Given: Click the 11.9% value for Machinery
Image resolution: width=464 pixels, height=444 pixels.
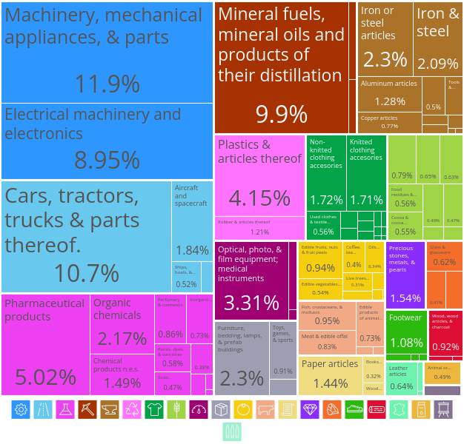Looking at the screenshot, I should [x=107, y=84].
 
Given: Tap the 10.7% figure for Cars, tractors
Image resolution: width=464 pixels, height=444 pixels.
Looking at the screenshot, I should [x=86, y=273].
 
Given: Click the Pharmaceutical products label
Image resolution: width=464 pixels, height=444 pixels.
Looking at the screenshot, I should [x=44, y=310].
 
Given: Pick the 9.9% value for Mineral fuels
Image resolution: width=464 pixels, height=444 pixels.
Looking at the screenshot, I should [x=281, y=114].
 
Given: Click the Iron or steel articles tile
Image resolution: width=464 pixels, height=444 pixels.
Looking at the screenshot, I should [x=385, y=38].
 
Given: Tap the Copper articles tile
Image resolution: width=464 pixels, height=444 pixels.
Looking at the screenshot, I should [x=389, y=122].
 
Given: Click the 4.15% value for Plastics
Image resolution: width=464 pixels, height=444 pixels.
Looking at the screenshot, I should [x=259, y=198].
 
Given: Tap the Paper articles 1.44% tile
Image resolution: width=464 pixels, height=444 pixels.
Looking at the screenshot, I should [x=330, y=374].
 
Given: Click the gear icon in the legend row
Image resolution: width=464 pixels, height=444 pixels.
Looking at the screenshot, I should [x=21, y=409].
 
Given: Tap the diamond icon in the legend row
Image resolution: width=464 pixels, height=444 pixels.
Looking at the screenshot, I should [x=310, y=409].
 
